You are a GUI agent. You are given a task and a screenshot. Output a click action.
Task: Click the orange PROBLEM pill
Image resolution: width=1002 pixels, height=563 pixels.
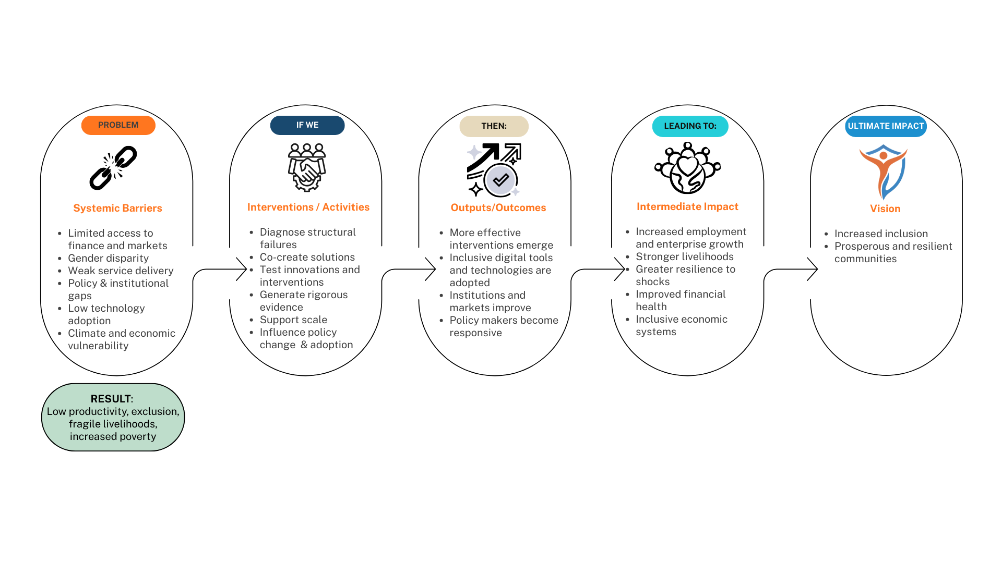tap(118, 125)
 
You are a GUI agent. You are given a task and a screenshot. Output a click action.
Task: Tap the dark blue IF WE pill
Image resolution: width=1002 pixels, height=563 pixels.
tap(307, 125)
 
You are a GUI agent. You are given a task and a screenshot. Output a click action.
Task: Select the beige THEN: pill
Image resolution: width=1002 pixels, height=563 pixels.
tap(494, 126)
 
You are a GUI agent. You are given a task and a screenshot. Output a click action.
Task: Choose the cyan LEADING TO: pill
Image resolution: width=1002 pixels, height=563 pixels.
tap(690, 126)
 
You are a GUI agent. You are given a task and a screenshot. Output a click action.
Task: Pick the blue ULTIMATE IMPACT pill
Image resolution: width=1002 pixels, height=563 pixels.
tap(886, 126)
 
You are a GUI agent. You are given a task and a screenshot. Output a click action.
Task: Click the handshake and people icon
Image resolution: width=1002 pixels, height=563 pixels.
tap(307, 167)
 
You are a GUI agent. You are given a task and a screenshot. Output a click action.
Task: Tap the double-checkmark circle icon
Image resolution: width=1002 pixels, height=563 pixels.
tap(500, 180)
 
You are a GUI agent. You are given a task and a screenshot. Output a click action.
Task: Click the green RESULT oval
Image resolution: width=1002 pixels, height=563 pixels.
tap(113, 417)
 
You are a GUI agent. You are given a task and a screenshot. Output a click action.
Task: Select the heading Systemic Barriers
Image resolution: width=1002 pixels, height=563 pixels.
tap(117, 208)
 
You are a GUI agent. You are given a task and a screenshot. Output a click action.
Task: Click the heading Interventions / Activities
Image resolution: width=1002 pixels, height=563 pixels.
tap(308, 207)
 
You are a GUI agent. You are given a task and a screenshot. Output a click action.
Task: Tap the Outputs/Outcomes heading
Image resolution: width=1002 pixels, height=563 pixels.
tap(498, 207)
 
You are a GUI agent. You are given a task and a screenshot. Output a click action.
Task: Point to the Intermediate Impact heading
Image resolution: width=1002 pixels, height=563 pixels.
tap(687, 206)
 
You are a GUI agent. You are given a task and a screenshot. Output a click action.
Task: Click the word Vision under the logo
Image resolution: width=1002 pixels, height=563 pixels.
tap(885, 209)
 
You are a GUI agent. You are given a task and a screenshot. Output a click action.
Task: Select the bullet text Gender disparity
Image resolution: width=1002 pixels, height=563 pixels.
tap(108, 258)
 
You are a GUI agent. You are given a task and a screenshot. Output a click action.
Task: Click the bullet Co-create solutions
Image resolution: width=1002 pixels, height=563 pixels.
tap(307, 257)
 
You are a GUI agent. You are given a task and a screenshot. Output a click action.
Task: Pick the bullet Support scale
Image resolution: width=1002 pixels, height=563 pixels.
tap(293, 320)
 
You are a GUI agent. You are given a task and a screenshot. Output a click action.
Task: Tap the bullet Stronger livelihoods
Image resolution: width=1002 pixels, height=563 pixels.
tap(684, 256)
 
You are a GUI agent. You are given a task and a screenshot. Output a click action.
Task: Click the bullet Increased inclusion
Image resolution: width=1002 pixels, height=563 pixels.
tap(881, 234)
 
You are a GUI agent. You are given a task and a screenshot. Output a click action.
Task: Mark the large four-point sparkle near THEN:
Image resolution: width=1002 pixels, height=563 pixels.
tap(474, 152)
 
